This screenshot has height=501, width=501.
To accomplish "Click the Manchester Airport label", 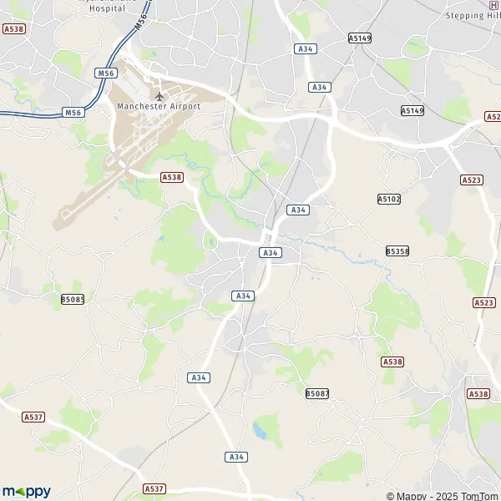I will pos(159,106).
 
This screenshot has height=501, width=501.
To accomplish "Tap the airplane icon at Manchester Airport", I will pos(159,95).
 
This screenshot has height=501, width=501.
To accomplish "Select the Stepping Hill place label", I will pos(471,15).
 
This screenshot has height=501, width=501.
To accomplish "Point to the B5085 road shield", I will pos(73,299).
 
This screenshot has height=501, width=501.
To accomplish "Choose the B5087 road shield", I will pos(317,392).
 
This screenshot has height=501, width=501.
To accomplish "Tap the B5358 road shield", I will pos(397,250).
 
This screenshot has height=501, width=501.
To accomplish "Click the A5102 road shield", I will pos(388,199).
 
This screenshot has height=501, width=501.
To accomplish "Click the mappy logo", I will pos(27,491).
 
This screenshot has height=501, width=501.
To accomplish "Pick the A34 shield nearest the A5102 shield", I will pos(298,210).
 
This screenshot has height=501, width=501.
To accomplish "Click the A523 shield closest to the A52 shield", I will pos(472,180).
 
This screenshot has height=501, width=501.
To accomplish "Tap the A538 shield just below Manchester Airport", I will pos(171,177).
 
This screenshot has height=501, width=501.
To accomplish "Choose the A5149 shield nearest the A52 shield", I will pos(412,110).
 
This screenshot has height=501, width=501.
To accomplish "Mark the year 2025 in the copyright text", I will pos(435,496).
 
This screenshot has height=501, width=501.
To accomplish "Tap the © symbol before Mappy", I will pos(390,496).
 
